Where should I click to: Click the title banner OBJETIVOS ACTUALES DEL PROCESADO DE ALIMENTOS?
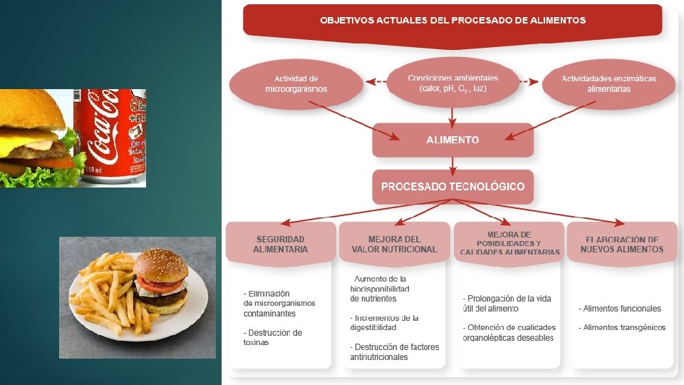coord(452,20)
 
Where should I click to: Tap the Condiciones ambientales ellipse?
coord(452,83)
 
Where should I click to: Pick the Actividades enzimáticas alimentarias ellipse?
coord(608,84)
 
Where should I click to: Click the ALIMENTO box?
coord(452,140)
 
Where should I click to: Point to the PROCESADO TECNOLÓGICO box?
coord(452,187)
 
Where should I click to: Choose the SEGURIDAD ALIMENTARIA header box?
coord(281,244)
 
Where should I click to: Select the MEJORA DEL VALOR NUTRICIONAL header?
coord(394,244)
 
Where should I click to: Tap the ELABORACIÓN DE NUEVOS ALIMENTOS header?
coord(621,244)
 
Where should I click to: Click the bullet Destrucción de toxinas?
coord(273,337)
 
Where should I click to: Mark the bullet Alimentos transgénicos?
coord(624,327)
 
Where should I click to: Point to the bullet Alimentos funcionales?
coord(621,309)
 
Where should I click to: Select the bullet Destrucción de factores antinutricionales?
coord(395,351)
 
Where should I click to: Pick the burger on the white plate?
coord(162,282)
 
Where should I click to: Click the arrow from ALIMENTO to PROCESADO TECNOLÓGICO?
coord(452,163)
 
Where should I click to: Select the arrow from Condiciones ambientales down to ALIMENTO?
coord(452,114)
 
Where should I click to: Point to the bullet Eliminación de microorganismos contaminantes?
coord(279,303)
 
